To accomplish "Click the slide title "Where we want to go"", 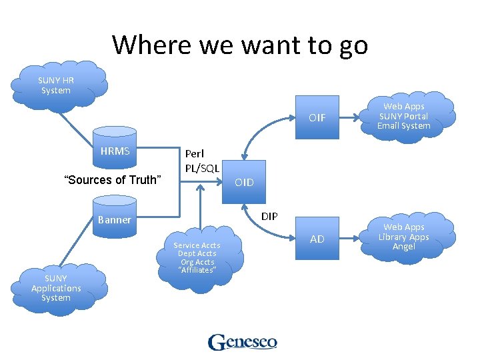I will (240, 45).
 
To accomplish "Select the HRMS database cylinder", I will (115, 151).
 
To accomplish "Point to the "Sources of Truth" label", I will (112, 179).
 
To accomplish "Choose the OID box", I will (245, 182).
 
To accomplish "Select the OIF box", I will (317, 117).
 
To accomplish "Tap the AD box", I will (317, 239).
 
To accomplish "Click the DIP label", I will (270, 216).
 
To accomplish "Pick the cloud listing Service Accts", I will (197, 257).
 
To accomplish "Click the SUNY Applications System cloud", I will (56, 288).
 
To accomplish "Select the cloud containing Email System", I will (404, 116).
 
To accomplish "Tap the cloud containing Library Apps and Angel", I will (404, 237).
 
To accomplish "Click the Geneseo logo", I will (242, 342).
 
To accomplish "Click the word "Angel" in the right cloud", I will (404, 247).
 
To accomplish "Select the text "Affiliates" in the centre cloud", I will (197, 270).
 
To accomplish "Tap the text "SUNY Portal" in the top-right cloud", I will (404, 116).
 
